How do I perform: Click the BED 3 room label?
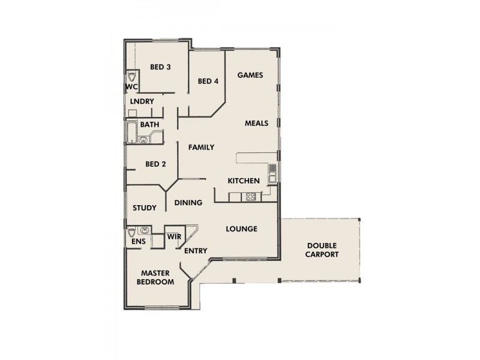[160, 67]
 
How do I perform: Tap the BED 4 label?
[208, 82]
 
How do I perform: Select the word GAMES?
[251, 75]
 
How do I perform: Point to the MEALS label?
[256, 124]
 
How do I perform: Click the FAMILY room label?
[201, 147]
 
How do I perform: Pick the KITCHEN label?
[243, 181]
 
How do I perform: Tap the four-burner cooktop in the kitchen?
[250, 196]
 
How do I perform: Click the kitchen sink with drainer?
[272, 173]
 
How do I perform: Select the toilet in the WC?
[132, 76]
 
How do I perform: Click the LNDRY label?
[142, 101]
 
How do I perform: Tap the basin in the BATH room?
[144, 140]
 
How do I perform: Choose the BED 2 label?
[155, 164]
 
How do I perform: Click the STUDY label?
[144, 208]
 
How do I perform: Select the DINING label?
[188, 203]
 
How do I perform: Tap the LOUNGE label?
[242, 229]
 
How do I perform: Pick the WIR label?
[174, 238]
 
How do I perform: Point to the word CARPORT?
[322, 254]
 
